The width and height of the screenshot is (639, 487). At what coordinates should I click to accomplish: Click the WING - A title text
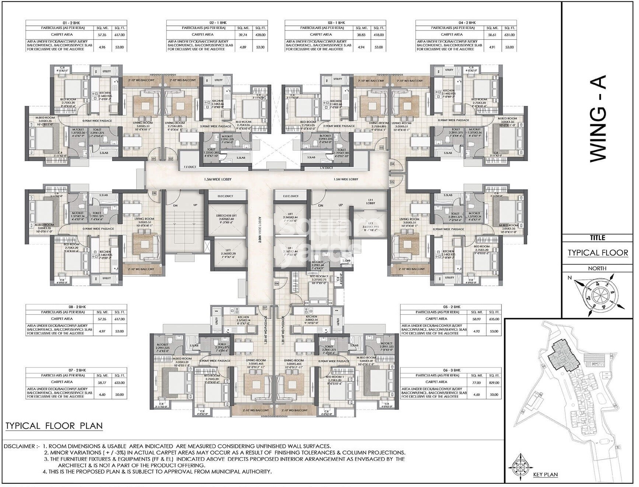pyautogui.click(x=598, y=118)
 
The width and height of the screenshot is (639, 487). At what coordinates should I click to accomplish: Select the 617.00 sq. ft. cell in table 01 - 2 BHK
pyautogui.click(x=119, y=35)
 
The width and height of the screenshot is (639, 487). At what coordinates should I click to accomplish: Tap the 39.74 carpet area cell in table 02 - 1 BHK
pyautogui.click(x=243, y=35)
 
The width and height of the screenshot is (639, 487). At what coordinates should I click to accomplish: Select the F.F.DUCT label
pyautogui.click(x=190, y=167)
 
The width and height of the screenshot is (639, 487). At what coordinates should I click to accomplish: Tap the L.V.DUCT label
pyautogui.click(x=326, y=168)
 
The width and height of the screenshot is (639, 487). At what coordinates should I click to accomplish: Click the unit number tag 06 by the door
pyautogui.click(x=277, y=283)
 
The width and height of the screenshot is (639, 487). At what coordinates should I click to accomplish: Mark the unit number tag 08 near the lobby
pyautogui.click(x=154, y=193)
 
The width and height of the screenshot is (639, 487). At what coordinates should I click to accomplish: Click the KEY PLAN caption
pyautogui.click(x=545, y=474)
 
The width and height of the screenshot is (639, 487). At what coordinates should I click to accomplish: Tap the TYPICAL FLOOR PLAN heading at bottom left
pyautogui.click(x=54, y=426)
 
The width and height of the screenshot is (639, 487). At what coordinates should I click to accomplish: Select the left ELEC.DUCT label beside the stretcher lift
pyautogui.click(x=226, y=196)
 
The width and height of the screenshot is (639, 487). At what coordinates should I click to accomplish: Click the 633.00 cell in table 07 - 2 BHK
pyautogui.click(x=119, y=383)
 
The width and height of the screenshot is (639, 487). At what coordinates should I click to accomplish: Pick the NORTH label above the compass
pyautogui.click(x=597, y=268)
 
